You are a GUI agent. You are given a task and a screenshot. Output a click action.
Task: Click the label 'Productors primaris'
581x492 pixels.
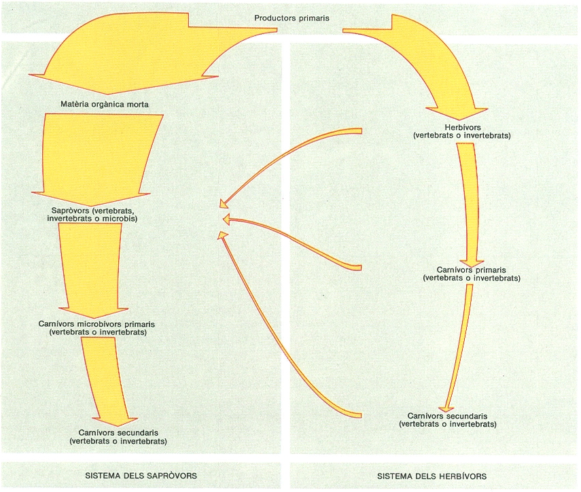click(x=292, y=18)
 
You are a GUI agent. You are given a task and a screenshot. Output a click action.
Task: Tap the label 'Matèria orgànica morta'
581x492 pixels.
click(x=105, y=104)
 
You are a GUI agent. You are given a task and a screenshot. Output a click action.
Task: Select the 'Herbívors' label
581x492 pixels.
click(x=463, y=127)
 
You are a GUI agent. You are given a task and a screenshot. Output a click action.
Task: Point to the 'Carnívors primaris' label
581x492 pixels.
click(x=472, y=270)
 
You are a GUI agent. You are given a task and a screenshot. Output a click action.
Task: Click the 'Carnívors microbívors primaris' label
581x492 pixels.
click(x=96, y=323)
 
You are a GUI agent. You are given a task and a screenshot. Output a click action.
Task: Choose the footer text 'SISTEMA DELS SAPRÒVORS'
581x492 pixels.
click(x=141, y=475)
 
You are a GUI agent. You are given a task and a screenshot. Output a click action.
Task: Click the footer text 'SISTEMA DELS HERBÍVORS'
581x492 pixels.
click(x=432, y=476)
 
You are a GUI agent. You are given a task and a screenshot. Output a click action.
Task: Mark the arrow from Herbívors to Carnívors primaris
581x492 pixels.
click(x=468, y=204)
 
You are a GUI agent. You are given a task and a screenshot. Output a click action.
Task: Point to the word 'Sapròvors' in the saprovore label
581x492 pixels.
click(x=70, y=211)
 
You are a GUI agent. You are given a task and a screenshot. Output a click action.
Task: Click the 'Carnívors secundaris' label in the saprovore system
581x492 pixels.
click(x=118, y=432)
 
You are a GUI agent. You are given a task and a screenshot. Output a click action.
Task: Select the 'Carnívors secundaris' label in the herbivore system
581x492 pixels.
click(x=447, y=416)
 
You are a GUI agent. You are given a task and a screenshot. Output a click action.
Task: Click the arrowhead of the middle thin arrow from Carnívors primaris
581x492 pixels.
click(x=226, y=219)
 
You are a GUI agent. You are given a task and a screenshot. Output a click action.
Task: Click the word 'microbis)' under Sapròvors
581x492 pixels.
click(x=120, y=218)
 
